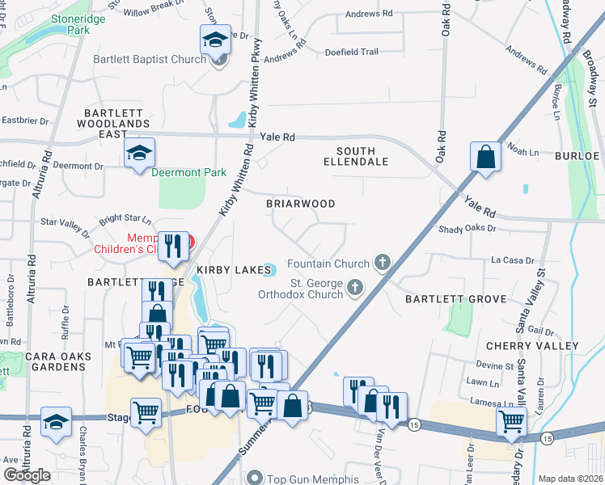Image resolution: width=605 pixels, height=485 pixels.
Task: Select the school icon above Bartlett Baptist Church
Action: coord(216,40)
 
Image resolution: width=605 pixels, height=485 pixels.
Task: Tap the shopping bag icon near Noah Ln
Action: coord(487,156)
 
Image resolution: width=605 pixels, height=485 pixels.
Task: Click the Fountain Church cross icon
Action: coord(383,263)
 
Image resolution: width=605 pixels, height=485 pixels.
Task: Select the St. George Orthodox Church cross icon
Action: coord(354,288)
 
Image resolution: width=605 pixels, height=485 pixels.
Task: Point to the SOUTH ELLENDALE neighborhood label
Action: coord(362,156)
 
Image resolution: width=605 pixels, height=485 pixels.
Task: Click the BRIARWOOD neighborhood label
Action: coord(301,204)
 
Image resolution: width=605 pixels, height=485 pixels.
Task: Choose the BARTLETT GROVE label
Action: coord(457,299)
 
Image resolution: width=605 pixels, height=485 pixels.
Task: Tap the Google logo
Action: coord(27,475)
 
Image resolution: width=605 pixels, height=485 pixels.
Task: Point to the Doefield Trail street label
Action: coord(352,52)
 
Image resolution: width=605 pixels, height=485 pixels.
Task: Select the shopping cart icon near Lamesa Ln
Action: coord(511,420)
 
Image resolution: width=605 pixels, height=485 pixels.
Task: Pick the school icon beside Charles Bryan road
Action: coord(57,422)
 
